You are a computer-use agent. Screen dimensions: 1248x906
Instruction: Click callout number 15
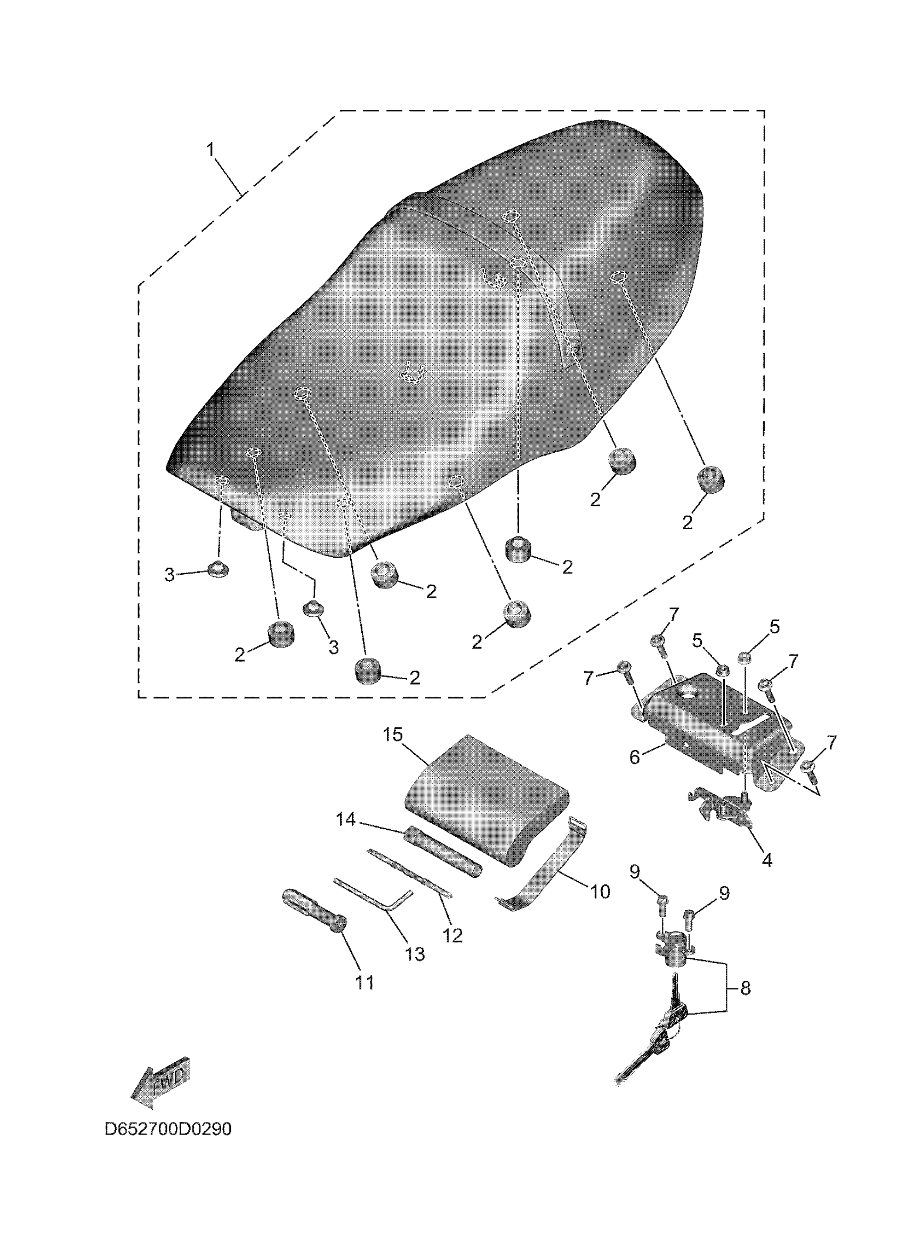[393, 735]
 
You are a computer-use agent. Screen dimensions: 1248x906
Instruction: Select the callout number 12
[452, 935]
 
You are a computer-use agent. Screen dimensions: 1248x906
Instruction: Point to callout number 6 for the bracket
[635, 757]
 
